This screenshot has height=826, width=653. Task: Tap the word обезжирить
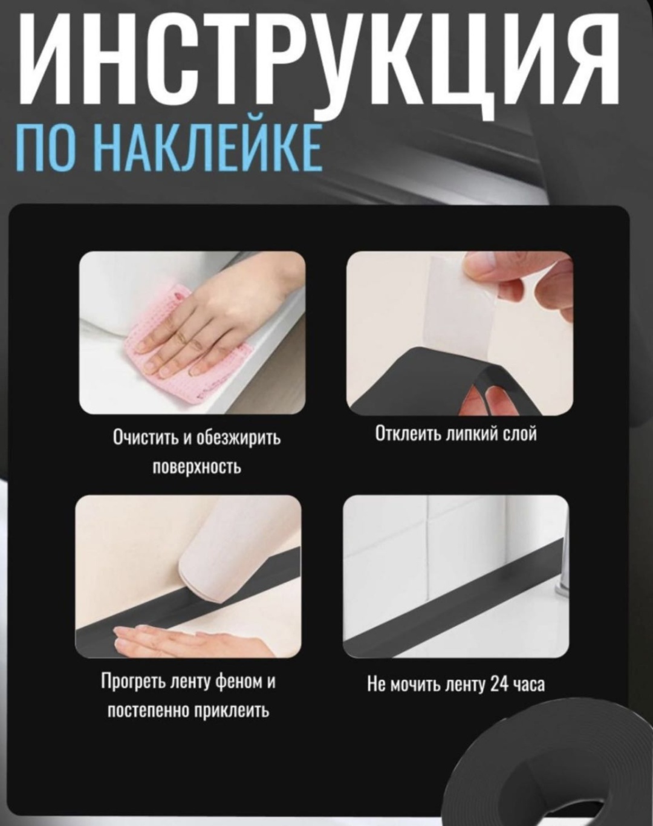tap(238, 438)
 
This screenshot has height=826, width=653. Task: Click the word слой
tap(520, 434)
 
